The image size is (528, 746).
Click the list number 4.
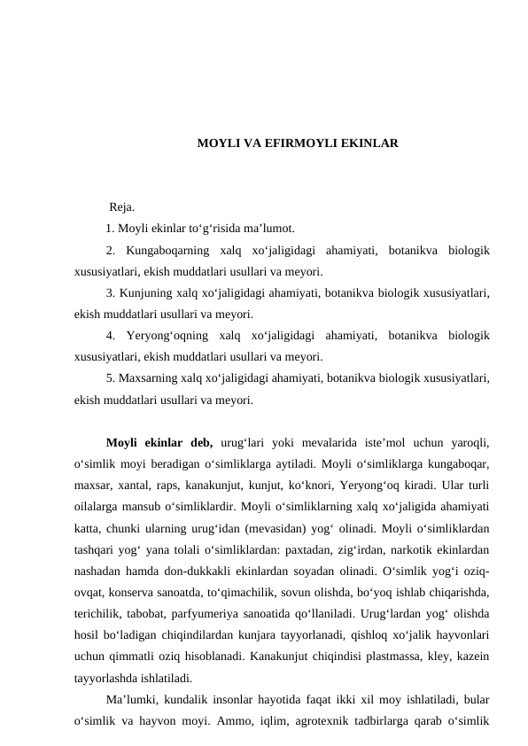[109, 336]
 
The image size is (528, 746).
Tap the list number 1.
[109, 229]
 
